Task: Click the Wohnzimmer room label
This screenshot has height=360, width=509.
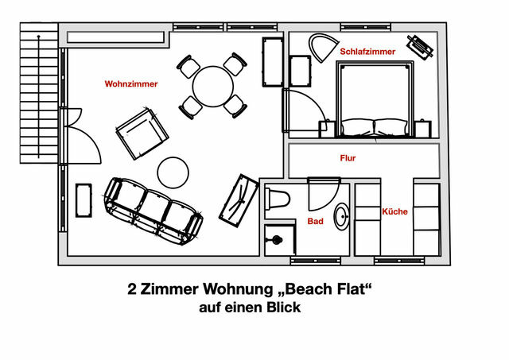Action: coord(131,83)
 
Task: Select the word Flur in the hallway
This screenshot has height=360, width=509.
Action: coord(347,158)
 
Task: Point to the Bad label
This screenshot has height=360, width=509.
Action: coord(316,222)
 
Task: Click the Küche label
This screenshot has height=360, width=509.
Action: coord(394,211)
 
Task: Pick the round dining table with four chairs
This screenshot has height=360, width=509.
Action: coord(212,86)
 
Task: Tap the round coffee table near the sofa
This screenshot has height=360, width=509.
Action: coord(173,171)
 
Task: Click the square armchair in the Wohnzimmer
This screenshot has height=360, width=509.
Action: coord(141,134)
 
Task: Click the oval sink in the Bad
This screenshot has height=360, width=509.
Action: coord(343,216)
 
